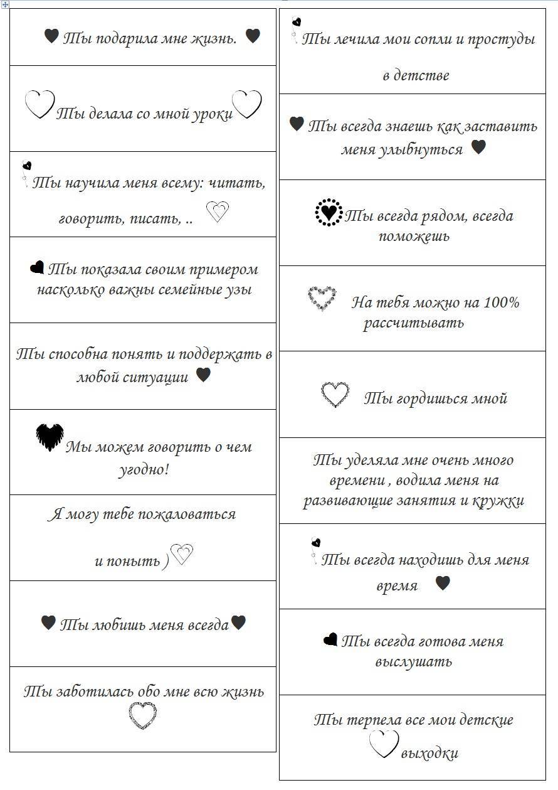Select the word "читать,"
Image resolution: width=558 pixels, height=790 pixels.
[238, 183]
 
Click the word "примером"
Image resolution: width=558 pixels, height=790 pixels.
[226, 270]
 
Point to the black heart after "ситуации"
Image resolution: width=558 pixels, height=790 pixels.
[203, 375]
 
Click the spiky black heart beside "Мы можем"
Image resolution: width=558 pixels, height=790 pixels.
[50, 437]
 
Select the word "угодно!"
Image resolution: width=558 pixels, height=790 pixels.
[144, 470]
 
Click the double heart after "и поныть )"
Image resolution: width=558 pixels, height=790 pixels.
[182, 555]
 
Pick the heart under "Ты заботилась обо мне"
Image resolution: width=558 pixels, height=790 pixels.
[142, 716]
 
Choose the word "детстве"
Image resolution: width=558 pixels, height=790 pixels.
[416, 75]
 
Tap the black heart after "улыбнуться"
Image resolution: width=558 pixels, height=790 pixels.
[478, 147]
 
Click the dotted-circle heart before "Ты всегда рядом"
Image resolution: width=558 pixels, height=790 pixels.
[329, 213]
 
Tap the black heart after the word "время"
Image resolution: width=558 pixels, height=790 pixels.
[443, 583]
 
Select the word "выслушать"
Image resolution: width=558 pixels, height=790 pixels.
[413, 662]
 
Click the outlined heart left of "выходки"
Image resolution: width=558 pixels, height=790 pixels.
[383, 745]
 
